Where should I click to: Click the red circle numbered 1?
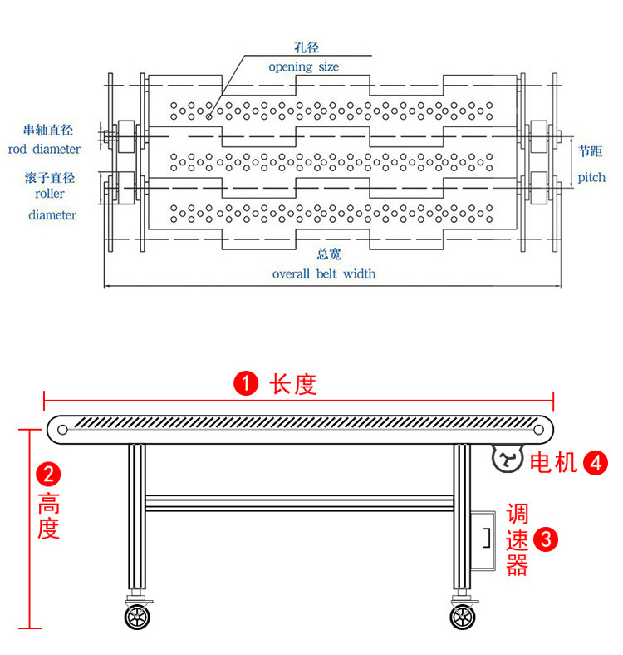[245, 383]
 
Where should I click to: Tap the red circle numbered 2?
[49, 475]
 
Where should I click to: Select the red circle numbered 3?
[545, 539]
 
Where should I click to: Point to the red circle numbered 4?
[596, 462]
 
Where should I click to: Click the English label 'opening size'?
[303, 66]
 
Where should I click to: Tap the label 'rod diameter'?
[45, 150]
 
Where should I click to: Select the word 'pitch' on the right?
[591, 177]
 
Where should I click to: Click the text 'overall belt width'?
[324, 273]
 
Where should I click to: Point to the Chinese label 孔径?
[307, 49]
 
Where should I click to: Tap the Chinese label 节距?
[591, 151]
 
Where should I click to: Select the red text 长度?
[293, 384]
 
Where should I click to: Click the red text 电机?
[553, 462]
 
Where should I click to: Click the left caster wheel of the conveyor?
[135, 618]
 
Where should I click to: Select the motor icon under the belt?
[506, 458]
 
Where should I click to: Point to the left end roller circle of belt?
[63, 429]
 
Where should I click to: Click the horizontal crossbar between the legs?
[299, 503]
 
